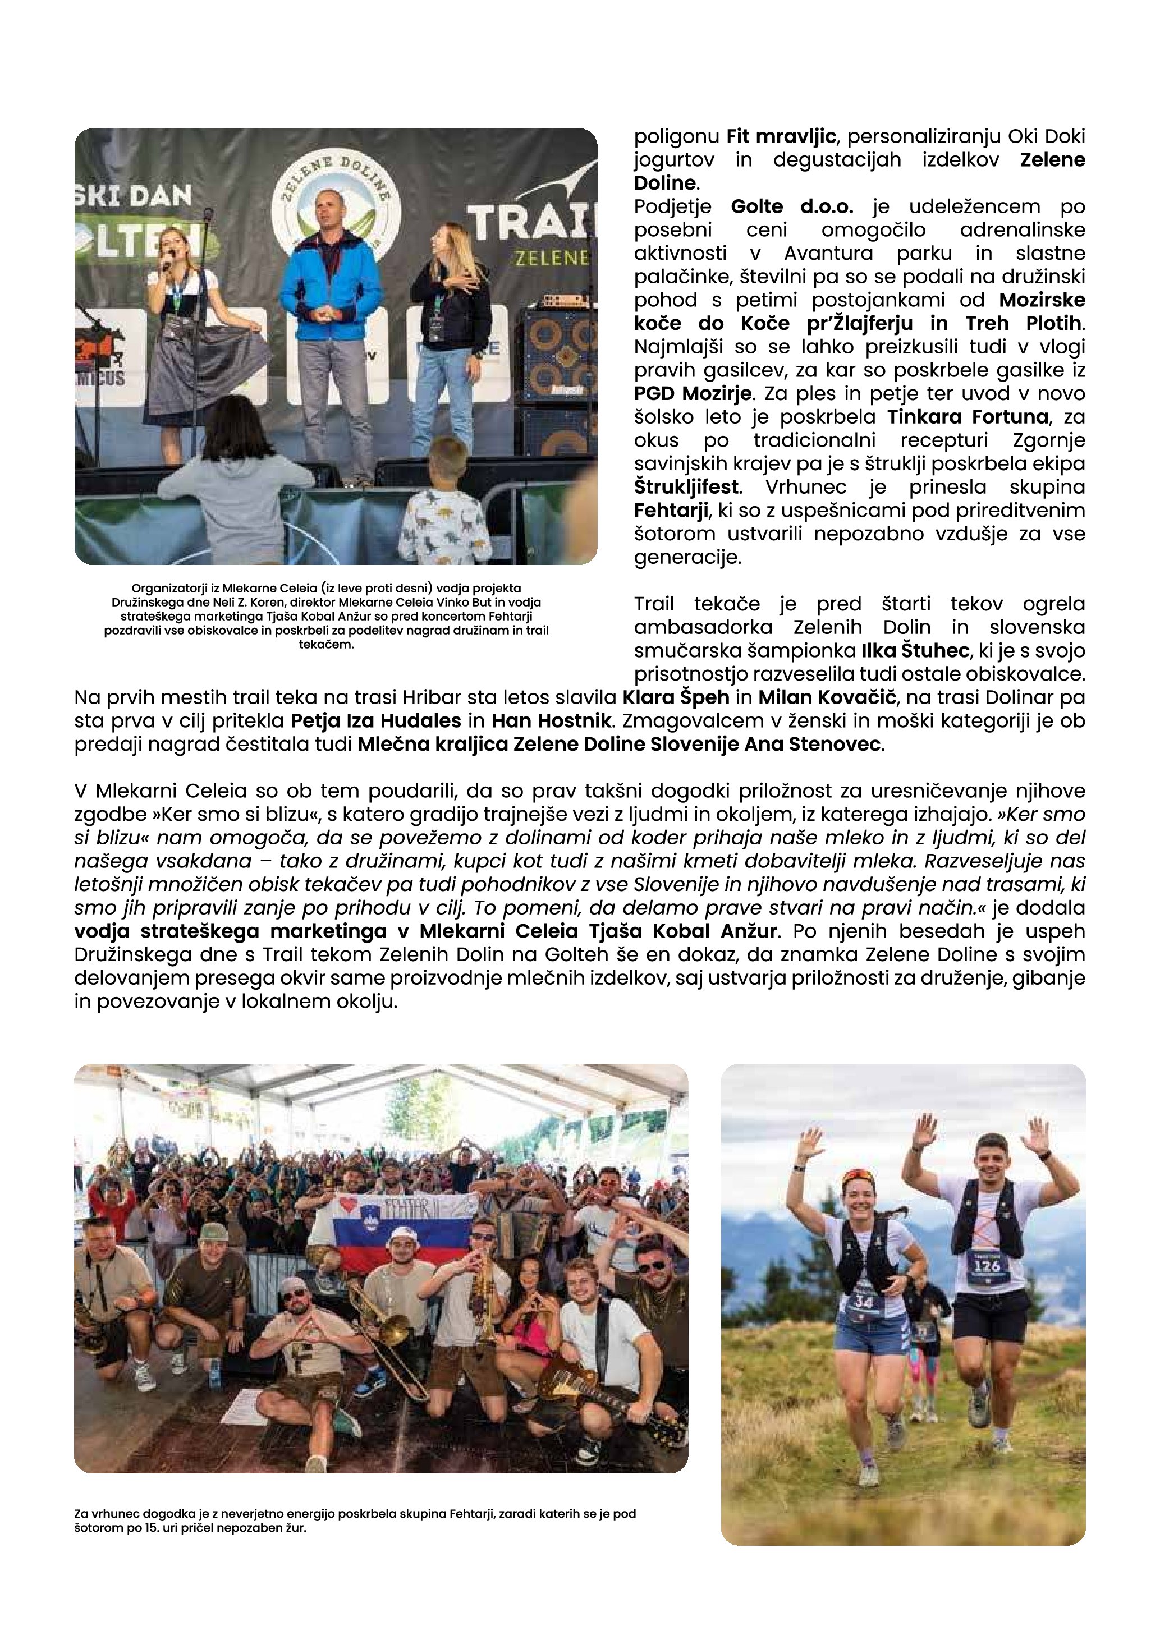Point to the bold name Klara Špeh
point(676,697)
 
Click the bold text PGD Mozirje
point(692,393)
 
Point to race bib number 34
point(864,1302)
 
